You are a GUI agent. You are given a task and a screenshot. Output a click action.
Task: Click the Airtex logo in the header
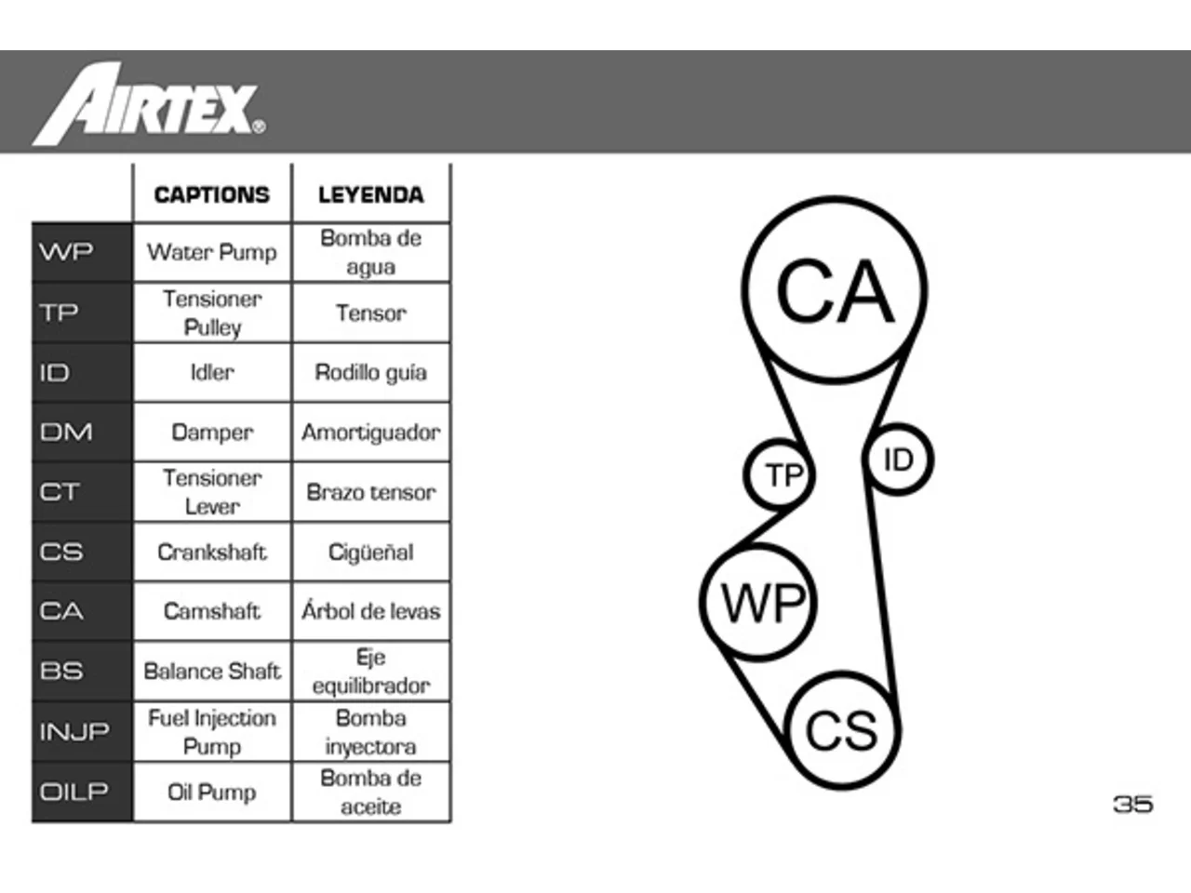click(x=149, y=103)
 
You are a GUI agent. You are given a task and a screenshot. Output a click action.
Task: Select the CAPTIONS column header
click(x=211, y=194)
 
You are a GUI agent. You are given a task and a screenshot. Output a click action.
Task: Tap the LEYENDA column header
click(x=370, y=194)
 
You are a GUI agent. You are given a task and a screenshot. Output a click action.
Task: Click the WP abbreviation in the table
click(x=66, y=251)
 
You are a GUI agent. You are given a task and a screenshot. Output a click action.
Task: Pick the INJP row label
click(x=74, y=731)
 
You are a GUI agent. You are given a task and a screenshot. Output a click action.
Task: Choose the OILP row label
click(x=74, y=792)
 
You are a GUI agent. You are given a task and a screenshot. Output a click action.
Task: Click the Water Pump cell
click(x=211, y=252)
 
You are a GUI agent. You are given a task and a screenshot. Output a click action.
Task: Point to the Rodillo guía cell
click(x=370, y=372)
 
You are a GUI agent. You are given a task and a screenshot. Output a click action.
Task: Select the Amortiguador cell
click(x=370, y=433)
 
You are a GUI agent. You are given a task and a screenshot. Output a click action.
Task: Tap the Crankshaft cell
click(x=211, y=552)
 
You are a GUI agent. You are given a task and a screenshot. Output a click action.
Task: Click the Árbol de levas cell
click(x=370, y=611)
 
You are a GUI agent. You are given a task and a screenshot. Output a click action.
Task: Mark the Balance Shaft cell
click(x=211, y=672)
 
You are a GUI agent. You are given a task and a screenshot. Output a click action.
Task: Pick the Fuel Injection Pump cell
click(x=211, y=732)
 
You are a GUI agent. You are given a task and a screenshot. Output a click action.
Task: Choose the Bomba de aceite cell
click(x=370, y=793)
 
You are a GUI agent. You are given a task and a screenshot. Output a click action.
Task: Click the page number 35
click(x=1133, y=804)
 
